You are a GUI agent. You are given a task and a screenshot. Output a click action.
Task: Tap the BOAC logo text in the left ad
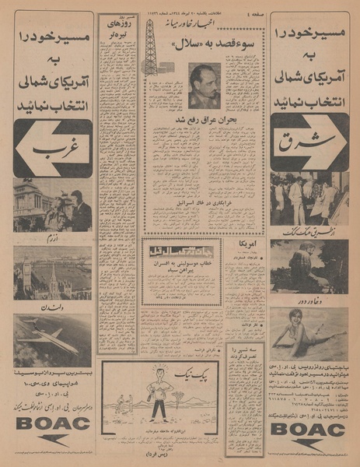coord(51,425)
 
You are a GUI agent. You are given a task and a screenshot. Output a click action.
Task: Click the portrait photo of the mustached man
coord(205,86)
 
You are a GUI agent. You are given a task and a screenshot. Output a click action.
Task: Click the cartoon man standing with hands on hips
coord(159,396)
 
